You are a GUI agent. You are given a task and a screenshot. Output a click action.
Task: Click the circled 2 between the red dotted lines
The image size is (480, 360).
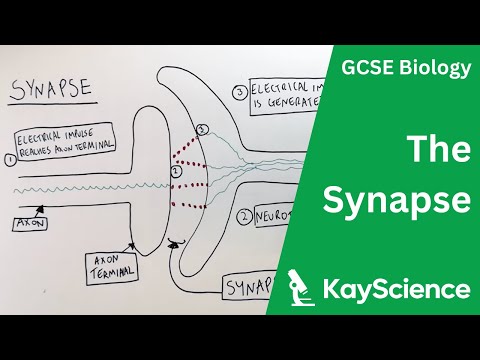(x=175, y=171)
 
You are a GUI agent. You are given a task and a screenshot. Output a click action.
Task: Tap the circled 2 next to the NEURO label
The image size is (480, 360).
(x=243, y=215)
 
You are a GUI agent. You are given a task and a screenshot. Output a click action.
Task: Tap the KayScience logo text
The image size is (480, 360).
(x=397, y=290)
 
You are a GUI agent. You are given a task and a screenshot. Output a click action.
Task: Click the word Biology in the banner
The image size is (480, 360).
(x=434, y=68)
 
